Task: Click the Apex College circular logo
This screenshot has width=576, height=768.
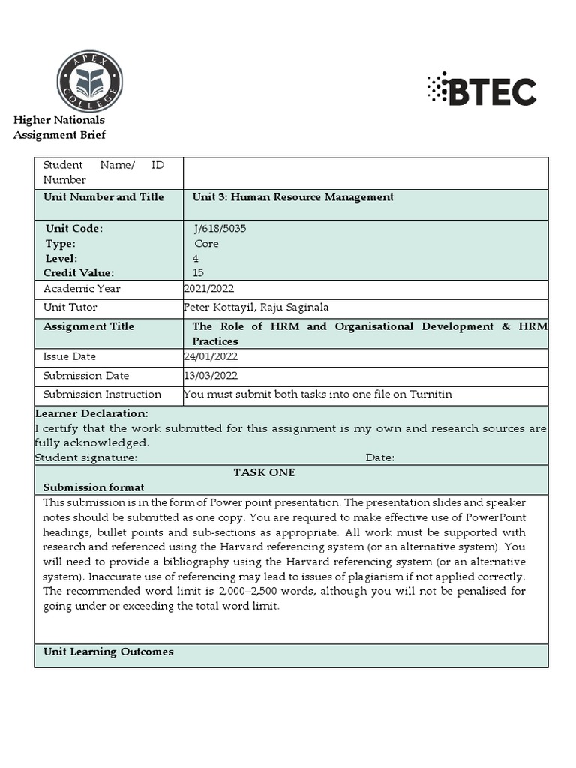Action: [89, 81]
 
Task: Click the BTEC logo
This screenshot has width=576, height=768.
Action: [481, 90]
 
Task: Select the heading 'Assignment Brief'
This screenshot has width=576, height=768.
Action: [60, 135]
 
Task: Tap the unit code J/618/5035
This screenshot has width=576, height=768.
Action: [219, 229]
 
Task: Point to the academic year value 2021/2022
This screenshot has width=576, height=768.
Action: [208, 289]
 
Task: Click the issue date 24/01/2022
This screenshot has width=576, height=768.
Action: [209, 356]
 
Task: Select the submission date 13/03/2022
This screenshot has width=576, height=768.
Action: [209, 375]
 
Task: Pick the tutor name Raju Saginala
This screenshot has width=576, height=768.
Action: [294, 307]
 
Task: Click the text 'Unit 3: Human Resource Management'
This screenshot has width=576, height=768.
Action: [292, 197]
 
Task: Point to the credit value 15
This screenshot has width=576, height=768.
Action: [198, 272]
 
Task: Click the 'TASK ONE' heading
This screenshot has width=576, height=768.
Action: [264, 472]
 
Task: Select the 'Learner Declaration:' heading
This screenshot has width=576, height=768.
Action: [91, 413]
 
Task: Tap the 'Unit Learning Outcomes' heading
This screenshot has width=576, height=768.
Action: [108, 652]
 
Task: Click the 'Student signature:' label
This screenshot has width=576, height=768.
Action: [86, 457]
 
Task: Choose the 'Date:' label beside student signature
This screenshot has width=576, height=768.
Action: [379, 457]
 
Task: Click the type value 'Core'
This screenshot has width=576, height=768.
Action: [206, 244]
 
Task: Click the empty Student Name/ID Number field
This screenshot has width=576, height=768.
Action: [365, 172]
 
